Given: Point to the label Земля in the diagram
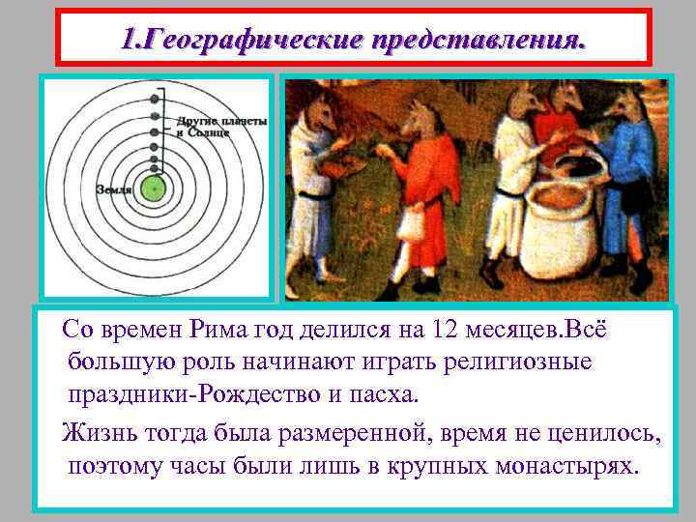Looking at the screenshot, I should click(x=114, y=188).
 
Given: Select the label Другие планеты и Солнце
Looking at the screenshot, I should click(x=221, y=126).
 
